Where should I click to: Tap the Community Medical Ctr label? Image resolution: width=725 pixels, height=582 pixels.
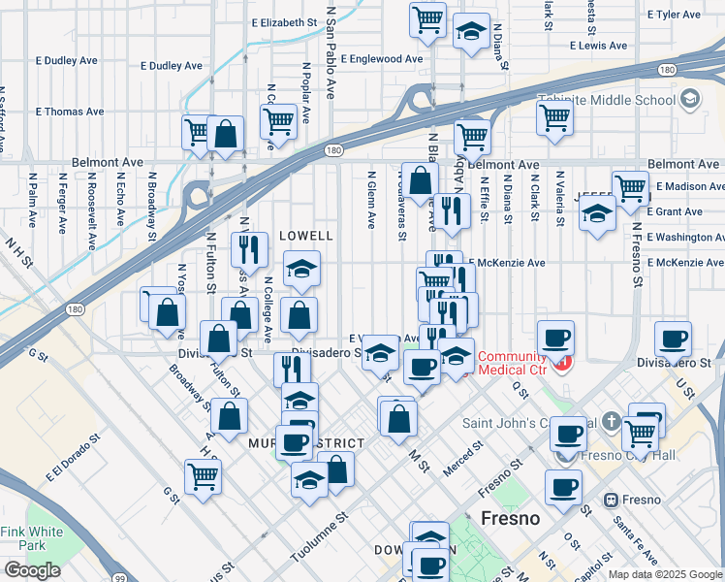[513, 364]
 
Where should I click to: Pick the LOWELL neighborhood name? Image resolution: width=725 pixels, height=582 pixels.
[306, 236]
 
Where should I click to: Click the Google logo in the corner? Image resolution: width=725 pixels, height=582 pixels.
[32, 570]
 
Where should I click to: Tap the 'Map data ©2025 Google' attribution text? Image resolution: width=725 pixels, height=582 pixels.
[665, 574]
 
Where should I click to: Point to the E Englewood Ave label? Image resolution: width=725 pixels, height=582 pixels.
[382, 58]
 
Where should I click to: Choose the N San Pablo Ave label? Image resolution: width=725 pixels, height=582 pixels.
[331, 48]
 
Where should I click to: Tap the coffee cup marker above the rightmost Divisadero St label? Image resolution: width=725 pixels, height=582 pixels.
[673, 339]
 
